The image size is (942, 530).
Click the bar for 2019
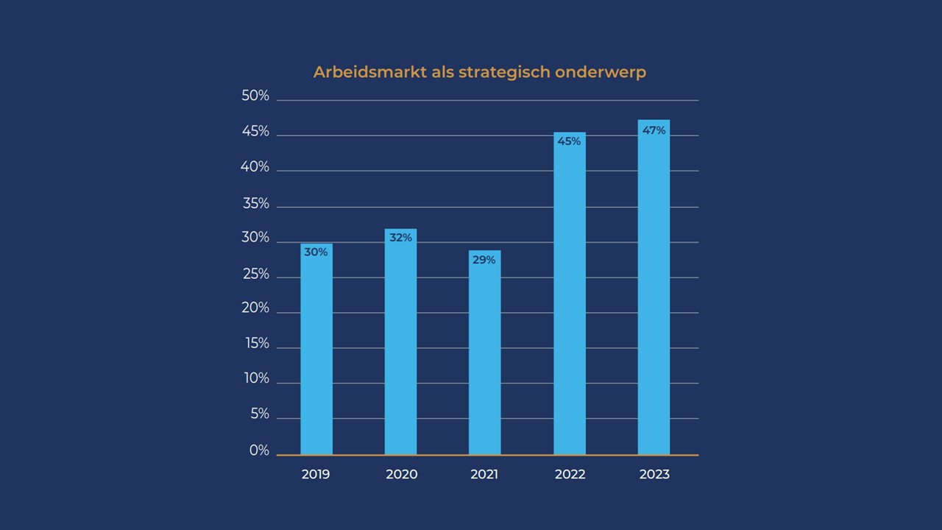[316, 353]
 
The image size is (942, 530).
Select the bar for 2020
[400, 346]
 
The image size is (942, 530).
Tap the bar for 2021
[484, 357]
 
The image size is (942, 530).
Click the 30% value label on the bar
[316, 252]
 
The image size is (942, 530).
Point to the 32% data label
[400, 238]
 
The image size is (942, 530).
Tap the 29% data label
[484, 260]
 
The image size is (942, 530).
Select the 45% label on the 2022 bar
[569, 141]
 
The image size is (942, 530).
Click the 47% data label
[654, 130]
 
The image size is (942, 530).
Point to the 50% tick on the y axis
[255, 96]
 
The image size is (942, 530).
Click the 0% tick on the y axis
[259, 451]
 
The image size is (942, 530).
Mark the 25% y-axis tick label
[255, 275]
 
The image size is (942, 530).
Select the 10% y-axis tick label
[257, 378]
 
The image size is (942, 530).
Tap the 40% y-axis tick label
[255, 168]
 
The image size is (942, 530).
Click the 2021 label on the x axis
[484, 475]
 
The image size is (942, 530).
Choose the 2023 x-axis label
[654, 475]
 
